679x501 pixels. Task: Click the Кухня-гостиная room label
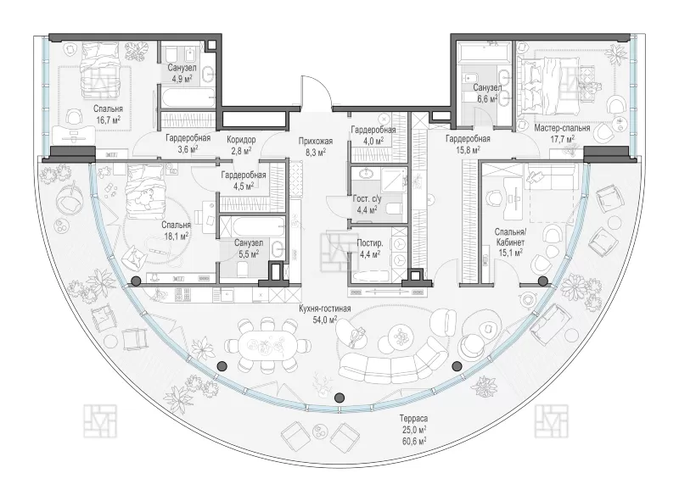(325, 309)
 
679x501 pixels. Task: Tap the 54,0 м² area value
(325, 320)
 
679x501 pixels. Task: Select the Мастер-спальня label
(562, 128)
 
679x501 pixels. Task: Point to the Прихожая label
(315, 141)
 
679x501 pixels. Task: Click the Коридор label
(241, 140)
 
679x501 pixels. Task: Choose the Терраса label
(413, 419)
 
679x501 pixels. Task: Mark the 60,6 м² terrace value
(413, 441)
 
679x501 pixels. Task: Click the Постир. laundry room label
(370, 243)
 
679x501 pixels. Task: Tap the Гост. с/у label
(368, 199)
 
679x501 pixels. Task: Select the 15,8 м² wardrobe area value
(468, 150)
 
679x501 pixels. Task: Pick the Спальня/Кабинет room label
(510, 237)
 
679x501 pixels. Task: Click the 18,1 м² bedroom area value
(176, 236)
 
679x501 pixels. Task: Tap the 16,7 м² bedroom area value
(108, 120)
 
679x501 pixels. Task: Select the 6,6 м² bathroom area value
(486, 98)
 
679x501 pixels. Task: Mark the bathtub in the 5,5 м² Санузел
(252, 227)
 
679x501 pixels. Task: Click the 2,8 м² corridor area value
(241, 150)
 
